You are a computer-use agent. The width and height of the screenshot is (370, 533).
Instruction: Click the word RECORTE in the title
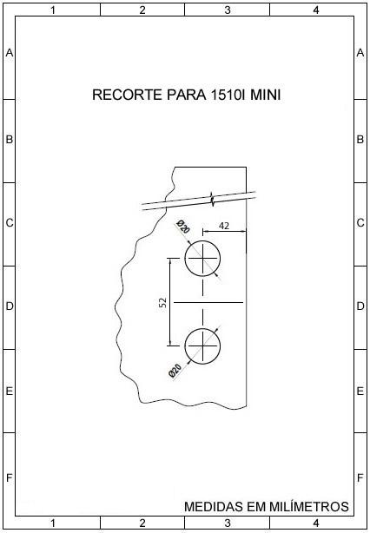pyautogui.click(x=128, y=95)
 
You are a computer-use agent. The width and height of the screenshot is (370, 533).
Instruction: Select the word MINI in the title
pyautogui.click(x=266, y=95)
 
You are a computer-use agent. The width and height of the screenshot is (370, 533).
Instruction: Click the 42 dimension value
pyautogui.click(x=224, y=226)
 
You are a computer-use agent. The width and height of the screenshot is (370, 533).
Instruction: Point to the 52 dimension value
pyautogui.click(x=163, y=302)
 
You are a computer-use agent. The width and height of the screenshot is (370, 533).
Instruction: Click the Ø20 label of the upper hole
pyautogui.click(x=183, y=227)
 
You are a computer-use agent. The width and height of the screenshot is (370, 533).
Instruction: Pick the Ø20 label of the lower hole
pyautogui.click(x=175, y=371)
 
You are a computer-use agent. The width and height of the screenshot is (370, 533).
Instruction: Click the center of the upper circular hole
pyautogui.click(x=202, y=259)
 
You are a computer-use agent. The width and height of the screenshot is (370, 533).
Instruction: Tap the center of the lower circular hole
pyautogui.click(x=202, y=346)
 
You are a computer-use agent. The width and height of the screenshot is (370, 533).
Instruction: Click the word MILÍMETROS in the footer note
pyautogui.click(x=309, y=506)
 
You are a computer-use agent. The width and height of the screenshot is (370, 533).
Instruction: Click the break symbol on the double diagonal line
pyautogui.click(x=212, y=199)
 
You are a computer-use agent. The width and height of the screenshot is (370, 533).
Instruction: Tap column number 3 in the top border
pyautogui.click(x=228, y=10)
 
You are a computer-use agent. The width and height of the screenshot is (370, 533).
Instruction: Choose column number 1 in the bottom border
pyautogui.click(x=53, y=523)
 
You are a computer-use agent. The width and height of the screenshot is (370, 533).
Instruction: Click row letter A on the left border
pyautogui.click(x=10, y=53)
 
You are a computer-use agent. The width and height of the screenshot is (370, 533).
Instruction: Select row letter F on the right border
pyautogui.click(x=360, y=478)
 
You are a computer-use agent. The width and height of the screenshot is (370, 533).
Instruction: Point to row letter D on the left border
pyautogui.click(x=10, y=306)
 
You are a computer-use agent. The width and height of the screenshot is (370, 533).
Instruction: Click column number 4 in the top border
pyautogui.click(x=316, y=10)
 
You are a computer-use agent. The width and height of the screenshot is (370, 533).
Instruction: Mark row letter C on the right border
pyautogui.click(x=360, y=223)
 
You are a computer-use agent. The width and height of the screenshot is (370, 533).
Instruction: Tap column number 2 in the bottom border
pyautogui.click(x=142, y=523)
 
